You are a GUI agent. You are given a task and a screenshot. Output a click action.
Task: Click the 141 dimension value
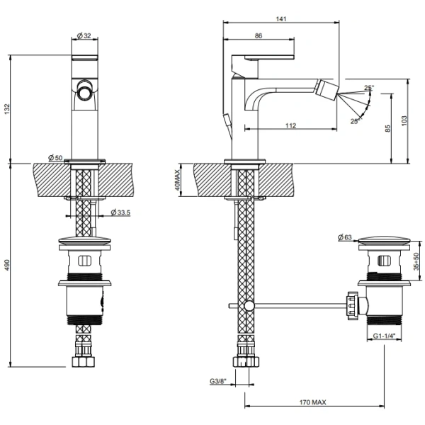coord(281,19)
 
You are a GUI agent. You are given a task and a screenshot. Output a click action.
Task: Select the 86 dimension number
coord(259,36)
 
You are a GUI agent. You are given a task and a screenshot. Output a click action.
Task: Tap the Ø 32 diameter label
coord(84,35)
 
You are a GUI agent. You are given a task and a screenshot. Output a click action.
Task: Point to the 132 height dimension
coord(7,108)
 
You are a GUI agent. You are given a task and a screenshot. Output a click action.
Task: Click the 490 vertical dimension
coord(7,265)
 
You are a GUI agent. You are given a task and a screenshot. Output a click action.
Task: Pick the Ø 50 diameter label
coord(55,158)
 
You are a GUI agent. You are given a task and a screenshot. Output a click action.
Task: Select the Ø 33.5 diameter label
coord(120,212)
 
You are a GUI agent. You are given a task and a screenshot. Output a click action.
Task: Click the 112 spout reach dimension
coord(290,126)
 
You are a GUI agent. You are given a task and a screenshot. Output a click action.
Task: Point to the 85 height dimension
coord(388,128)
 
